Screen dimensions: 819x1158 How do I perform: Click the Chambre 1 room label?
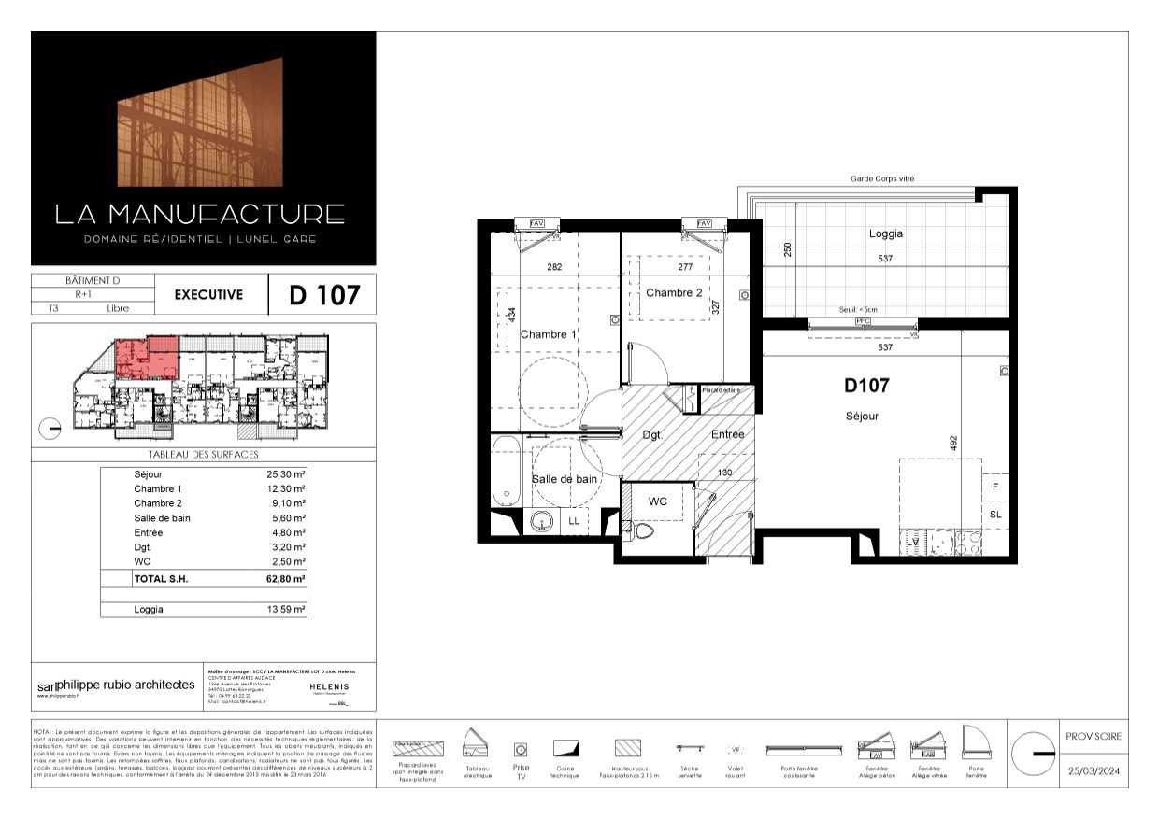click(549, 334)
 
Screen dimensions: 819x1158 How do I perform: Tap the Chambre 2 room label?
click(674, 292)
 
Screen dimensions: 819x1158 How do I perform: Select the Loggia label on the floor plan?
click(885, 234)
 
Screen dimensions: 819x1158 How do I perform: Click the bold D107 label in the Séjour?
click(865, 385)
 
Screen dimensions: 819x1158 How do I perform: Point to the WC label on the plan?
click(658, 501)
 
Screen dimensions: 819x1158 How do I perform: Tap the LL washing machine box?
click(573, 522)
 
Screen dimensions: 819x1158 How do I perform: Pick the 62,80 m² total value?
click(286, 579)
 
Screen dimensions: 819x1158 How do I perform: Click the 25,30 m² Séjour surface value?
click(286, 474)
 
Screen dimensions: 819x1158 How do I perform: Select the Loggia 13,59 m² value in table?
click(286, 610)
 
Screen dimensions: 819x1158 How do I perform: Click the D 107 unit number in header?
click(323, 296)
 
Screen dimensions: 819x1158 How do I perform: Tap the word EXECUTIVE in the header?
click(208, 295)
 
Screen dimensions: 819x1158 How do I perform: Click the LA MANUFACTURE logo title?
click(200, 214)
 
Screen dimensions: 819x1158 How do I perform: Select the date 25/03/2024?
click(1094, 771)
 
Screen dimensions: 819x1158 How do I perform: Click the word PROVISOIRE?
click(1094, 736)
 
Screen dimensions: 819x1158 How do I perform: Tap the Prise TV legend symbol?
click(521, 749)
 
